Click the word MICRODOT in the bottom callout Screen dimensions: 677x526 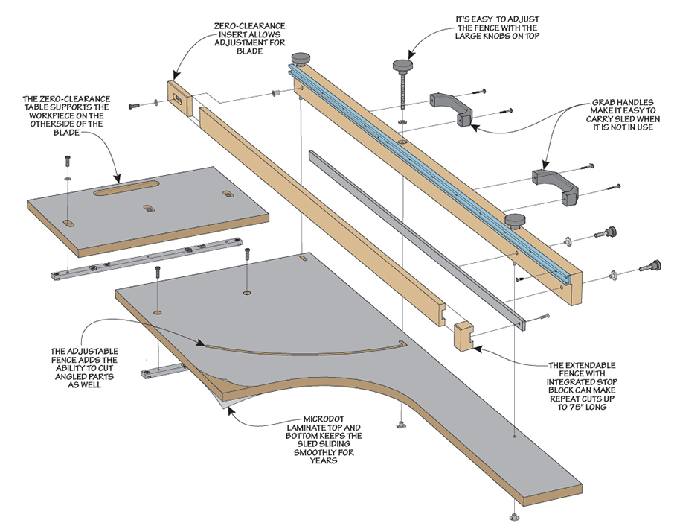[324, 419]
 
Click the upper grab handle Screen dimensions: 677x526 [451, 109]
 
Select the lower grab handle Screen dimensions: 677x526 [555, 188]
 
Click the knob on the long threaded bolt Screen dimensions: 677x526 [402, 66]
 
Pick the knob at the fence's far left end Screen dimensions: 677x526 [302, 58]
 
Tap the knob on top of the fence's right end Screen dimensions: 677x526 [515, 221]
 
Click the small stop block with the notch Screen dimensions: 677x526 [463, 336]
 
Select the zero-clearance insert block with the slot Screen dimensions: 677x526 [179, 98]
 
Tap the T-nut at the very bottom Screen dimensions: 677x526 [514, 516]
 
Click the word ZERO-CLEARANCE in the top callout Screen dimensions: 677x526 [249, 26]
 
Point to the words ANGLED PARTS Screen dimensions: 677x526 [85, 376]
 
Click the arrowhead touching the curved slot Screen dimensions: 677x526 [200, 343]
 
